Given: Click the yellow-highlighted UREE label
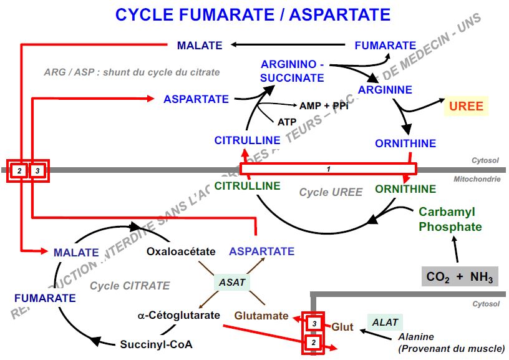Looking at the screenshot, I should click(466, 106).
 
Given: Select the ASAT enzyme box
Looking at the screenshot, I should click(232, 282).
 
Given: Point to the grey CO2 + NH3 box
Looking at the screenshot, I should click(460, 276).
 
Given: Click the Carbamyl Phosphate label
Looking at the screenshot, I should click(450, 219).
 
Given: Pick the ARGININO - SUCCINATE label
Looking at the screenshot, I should click(293, 71).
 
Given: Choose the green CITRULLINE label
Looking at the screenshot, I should click(248, 186).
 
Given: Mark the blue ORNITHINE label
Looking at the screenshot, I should click(405, 144).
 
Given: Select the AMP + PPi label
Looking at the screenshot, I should click(324, 105).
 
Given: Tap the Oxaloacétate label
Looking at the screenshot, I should click(181, 251).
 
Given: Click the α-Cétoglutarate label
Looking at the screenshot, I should click(179, 315).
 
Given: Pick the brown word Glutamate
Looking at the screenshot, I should click(261, 316).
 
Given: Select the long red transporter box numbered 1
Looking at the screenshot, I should click(327, 168).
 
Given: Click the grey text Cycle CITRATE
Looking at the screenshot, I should click(130, 286).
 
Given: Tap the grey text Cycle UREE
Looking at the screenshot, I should click(330, 192).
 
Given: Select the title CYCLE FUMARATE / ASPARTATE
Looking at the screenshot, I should click(253, 14).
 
